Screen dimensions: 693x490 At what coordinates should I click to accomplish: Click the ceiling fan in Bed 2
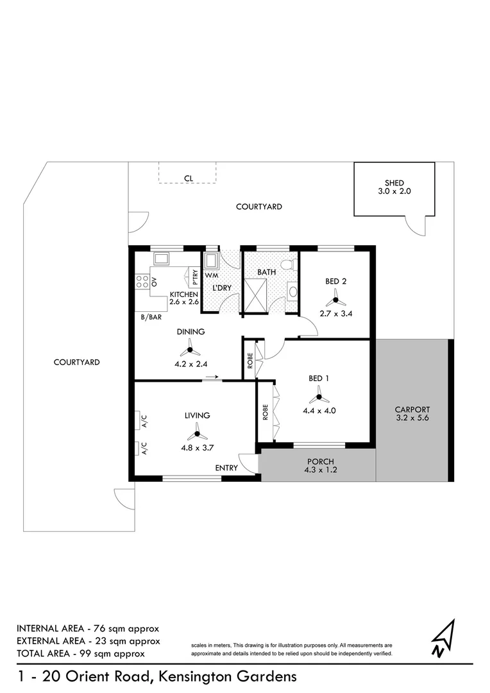[334, 298]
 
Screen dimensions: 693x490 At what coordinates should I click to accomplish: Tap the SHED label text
[394, 184]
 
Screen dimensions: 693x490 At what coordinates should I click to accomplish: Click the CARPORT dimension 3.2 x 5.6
[412, 419]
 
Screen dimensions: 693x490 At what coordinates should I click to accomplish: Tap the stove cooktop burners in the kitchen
[142, 281]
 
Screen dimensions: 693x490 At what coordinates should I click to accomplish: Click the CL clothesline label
[188, 178]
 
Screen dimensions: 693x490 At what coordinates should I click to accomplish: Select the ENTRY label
[227, 468]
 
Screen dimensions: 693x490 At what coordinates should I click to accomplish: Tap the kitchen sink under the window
[160, 259]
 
